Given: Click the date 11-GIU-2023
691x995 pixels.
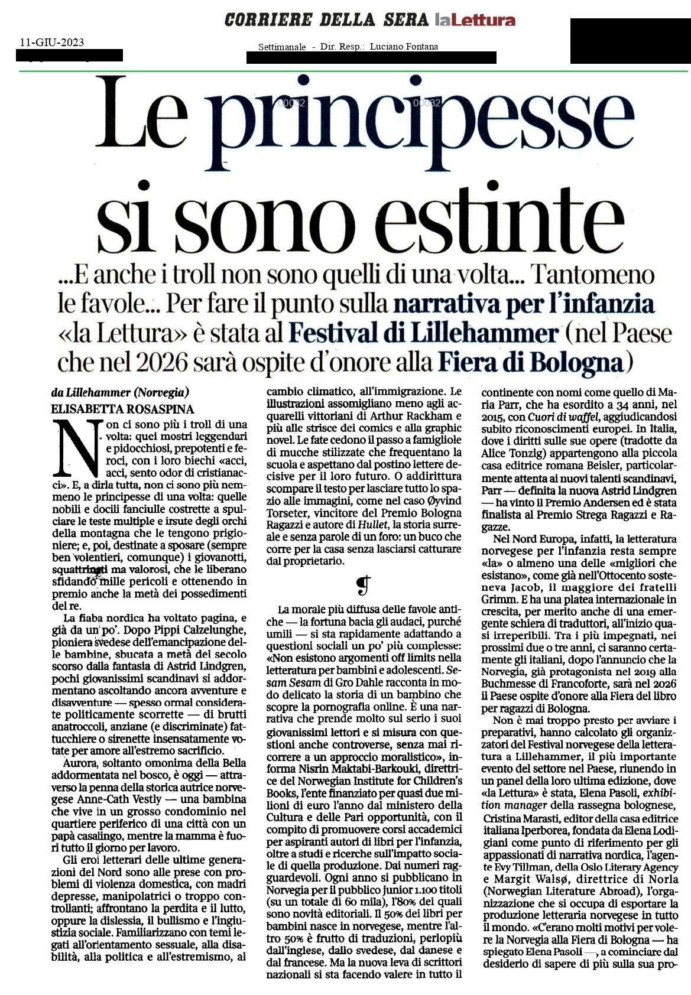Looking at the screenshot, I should (x=52, y=43).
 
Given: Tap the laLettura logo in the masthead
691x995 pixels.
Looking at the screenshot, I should (x=475, y=21).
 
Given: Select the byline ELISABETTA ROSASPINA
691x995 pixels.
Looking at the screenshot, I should (x=123, y=409).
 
